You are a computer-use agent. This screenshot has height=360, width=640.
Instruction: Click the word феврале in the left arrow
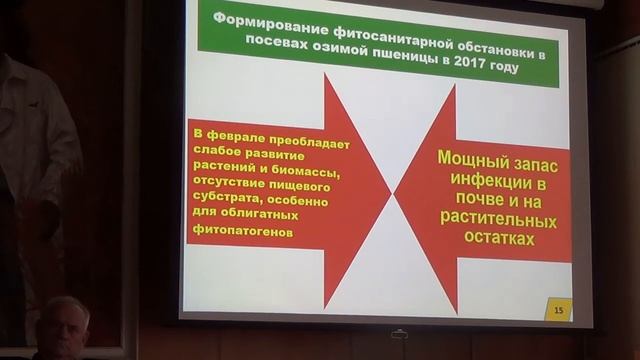237,133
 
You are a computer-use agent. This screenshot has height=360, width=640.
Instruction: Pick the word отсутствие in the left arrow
234,184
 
